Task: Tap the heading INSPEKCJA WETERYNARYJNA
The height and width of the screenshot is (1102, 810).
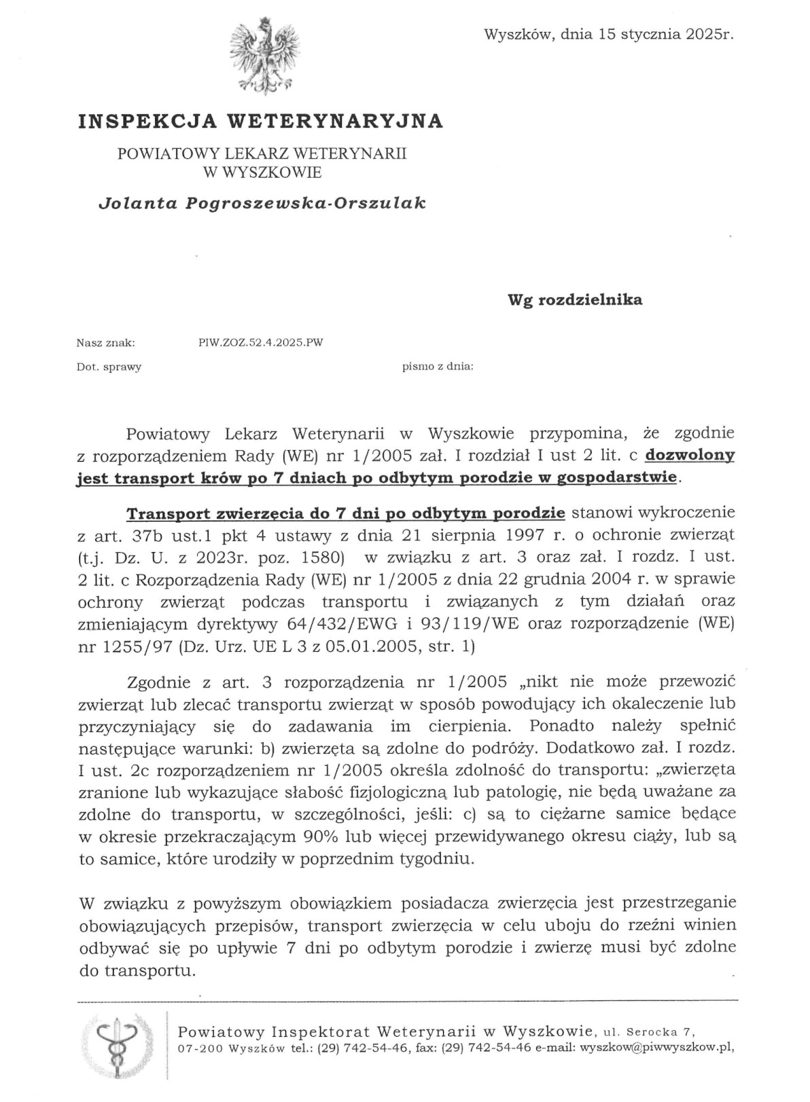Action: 261,121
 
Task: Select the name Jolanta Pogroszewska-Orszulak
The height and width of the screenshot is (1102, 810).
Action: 262,203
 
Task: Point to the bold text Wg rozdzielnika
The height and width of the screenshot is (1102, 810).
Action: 575,299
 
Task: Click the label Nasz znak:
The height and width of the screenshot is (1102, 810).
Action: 105,343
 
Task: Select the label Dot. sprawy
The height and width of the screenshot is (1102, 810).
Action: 109,367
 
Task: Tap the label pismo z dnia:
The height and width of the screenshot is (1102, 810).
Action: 438,367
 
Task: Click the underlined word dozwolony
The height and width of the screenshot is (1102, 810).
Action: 690,455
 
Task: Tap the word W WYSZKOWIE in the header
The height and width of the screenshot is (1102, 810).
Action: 262,172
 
